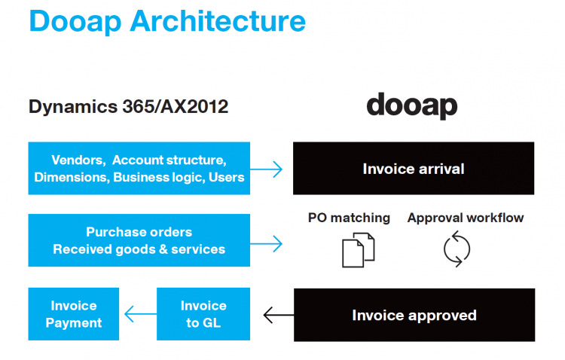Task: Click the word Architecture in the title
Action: pos(218,21)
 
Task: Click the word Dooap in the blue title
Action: pos(75,23)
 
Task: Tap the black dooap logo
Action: pos(412,106)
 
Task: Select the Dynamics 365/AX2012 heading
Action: pos(128,107)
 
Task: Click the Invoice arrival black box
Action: pos(414,168)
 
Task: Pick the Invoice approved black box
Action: pos(414,315)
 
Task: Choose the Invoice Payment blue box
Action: pos(74,314)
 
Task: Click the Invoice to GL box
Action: pos(203,314)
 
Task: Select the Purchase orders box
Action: pos(139,240)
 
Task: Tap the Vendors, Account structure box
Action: pos(139,168)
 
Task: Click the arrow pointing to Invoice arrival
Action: pos(266,169)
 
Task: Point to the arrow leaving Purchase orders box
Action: pos(266,244)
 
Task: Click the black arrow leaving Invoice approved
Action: pos(279,315)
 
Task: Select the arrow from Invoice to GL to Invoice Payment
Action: pos(141,314)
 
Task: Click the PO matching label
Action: pos(349,218)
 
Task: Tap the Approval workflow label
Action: pos(466,218)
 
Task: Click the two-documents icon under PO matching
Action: pos(358,250)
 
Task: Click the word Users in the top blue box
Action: pos(226,177)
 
